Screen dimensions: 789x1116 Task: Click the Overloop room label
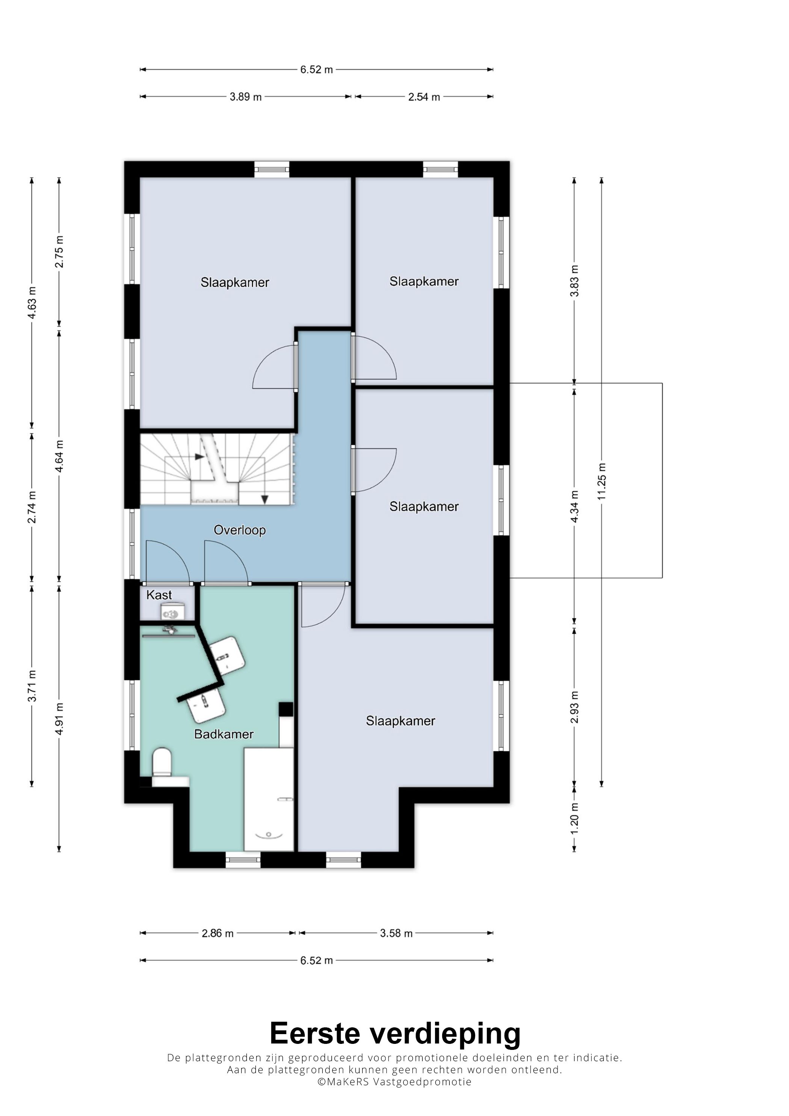(x=240, y=530)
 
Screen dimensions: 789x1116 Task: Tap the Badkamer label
(x=224, y=734)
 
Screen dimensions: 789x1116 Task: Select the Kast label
(x=159, y=595)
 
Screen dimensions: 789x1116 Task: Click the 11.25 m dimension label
(x=602, y=481)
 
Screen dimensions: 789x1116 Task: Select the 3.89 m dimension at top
(x=245, y=97)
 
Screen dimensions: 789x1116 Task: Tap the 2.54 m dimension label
(x=424, y=97)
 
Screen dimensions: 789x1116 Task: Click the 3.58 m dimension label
(x=396, y=933)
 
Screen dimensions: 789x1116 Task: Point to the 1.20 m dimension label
(x=574, y=819)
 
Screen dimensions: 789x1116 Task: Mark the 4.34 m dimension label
(x=574, y=506)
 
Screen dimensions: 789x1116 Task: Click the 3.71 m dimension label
(x=32, y=686)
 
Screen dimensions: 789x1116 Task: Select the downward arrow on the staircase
(x=265, y=499)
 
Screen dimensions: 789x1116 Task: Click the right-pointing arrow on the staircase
(x=199, y=456)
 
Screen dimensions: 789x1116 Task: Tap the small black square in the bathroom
(x=286, y=709)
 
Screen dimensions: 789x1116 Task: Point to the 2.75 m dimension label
(x=59, y=252)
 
